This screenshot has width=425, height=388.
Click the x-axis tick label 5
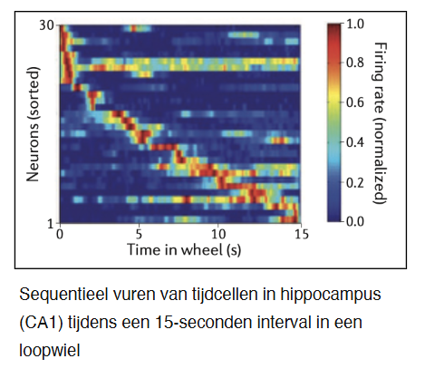click(x=139, y=233)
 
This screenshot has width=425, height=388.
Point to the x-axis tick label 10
click(x=219, y=233)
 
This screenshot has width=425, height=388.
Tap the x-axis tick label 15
click(x=301, y=233)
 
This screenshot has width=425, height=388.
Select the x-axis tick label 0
click(x=59, y=233)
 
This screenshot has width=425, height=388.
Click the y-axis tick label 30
click(x=46, y=24)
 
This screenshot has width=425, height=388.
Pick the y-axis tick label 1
click(x=51, y=221)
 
